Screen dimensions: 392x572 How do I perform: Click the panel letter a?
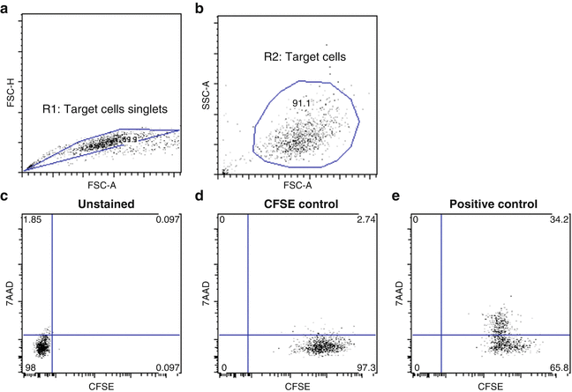7,8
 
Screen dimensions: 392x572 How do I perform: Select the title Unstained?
103,204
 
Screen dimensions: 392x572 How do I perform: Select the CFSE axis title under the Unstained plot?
102,386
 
